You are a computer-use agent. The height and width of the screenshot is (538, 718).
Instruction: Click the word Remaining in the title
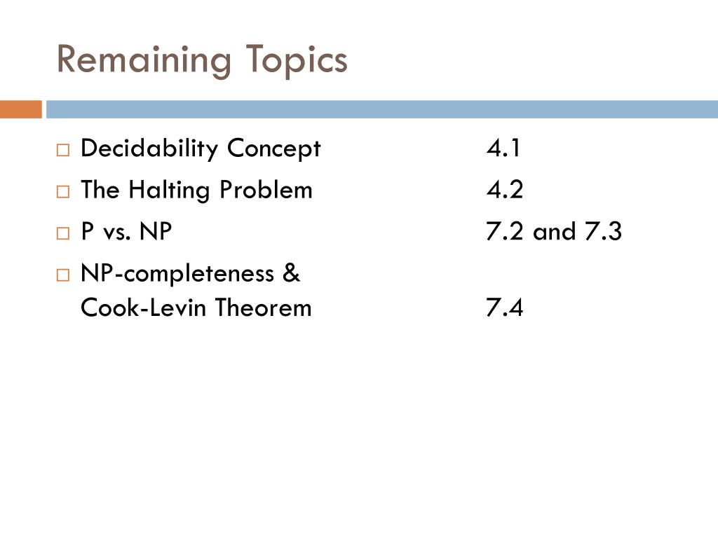(144, 61)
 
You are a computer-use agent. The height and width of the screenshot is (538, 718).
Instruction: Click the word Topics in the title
(297, 61)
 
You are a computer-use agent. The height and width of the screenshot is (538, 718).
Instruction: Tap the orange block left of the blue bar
(20, 109)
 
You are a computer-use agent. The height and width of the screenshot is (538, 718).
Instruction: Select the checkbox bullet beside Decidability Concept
(63, 150)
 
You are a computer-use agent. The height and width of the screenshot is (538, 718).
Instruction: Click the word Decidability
(149, 149)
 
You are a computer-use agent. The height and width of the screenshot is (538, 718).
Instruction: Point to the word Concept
(274, 149)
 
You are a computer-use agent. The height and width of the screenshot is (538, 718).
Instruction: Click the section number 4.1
(503, 149)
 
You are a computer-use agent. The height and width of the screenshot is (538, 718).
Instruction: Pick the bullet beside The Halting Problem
(63, 191)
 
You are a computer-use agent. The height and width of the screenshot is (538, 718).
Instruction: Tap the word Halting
(169, 191)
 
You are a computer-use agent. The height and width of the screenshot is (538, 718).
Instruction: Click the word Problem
(266, 189)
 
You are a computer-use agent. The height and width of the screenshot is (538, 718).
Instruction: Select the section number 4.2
(505, 189)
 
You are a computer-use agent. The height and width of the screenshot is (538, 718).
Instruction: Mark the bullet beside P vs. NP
(63, 233)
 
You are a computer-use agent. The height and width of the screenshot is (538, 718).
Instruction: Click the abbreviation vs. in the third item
(117, 233)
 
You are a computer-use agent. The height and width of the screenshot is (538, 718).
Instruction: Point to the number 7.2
(504, 231)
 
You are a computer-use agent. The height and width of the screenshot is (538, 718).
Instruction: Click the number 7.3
(603, 231)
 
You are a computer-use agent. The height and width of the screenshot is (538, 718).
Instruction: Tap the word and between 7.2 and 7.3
(554, 230)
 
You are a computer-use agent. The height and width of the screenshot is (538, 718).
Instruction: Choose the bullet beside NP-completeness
(63, 275)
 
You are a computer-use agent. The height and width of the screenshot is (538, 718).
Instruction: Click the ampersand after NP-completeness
(291, 273)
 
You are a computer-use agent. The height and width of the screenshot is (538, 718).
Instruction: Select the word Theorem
(264, 307)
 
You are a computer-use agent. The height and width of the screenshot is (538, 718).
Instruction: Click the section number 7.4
(504, 307)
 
